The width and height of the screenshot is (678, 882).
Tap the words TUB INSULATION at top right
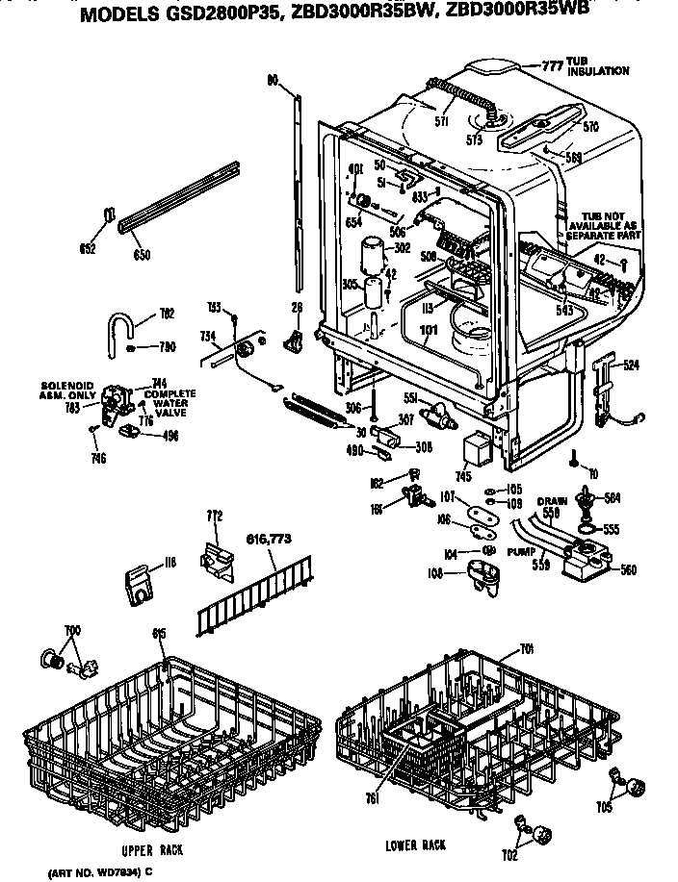click(x=598, y=67)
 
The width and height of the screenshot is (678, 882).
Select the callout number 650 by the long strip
click(x=142, y=258)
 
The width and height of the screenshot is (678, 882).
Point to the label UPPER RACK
click(x=152, y=850)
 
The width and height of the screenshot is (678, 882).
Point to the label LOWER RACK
click(x=414, y=844)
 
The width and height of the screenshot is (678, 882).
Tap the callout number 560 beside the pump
click(x=628, y=570)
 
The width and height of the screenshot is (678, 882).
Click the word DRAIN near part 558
click(x=551, y=502)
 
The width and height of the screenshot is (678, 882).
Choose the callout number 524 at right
click(x=630, y=365)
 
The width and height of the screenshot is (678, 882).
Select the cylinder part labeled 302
click(x=371, y=258)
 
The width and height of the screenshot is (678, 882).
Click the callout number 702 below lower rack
click(x=510, y=855)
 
